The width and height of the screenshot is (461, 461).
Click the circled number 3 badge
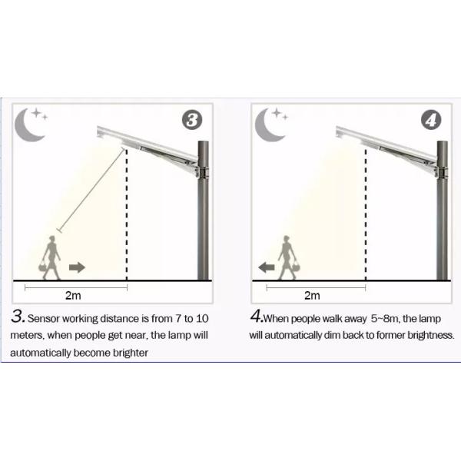tap(192, 120)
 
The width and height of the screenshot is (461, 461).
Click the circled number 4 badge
tap(431, 120)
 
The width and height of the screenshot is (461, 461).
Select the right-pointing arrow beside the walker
tap(77, 267)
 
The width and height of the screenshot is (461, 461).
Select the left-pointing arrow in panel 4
tap(267, 267)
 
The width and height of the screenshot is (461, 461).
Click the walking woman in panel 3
tap(51, 257)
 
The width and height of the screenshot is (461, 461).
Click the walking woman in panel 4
tap(288, 257)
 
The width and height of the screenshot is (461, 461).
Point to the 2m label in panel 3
tap(73, 296)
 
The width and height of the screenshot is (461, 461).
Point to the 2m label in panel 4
tap(312, 296)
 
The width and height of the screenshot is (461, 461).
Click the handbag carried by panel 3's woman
tap(43, 267)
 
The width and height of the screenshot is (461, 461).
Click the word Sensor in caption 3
tap(44, 318)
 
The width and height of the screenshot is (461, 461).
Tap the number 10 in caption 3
tap(202, 318)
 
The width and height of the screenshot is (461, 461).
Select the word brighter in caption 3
tap(131, 353)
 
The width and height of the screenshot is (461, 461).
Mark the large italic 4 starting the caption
tap(256, 317)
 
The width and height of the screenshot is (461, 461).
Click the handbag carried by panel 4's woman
tap(295, 267)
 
